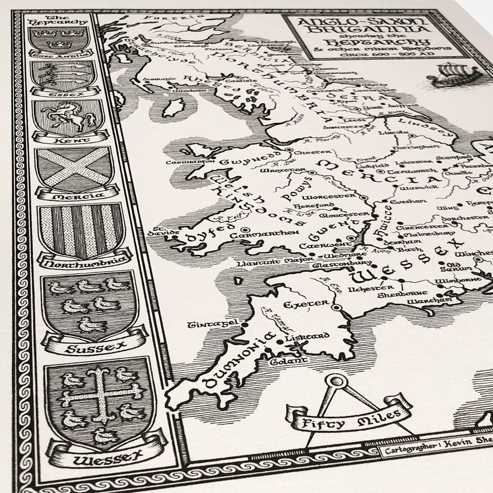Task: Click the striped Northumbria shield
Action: tap(81, 232)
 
